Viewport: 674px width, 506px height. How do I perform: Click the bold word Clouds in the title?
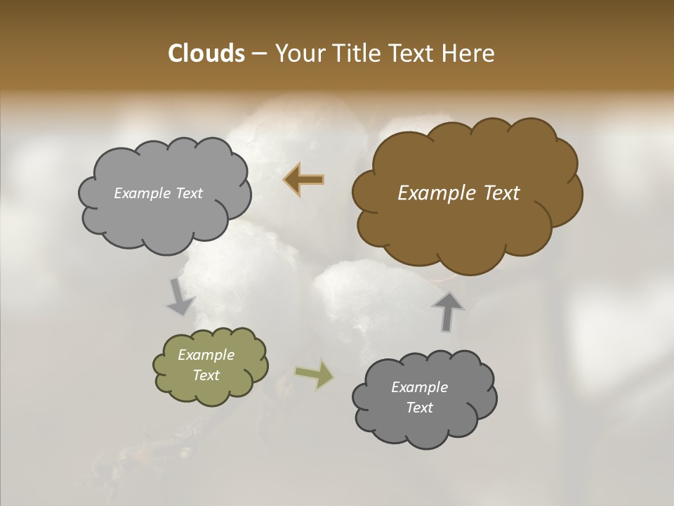(x=206, y=53)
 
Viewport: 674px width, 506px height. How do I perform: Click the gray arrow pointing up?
(x=448, y=311)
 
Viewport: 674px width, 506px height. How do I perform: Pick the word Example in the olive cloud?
(x=206, y=355)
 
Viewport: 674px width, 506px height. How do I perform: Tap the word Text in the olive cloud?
(x=206, y=375)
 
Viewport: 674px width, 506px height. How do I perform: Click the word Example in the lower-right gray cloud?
(x=419, y=387)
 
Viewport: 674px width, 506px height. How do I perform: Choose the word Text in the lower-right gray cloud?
(x=419, y=408)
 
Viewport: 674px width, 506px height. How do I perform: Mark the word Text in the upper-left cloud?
(x=187, y=193)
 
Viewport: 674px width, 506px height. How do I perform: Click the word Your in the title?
(x=298, y=53)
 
